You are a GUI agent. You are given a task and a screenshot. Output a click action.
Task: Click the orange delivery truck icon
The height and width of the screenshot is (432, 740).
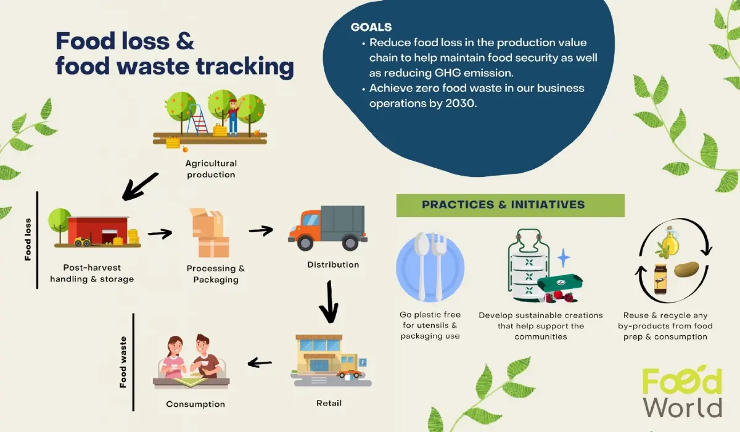click(327, 229)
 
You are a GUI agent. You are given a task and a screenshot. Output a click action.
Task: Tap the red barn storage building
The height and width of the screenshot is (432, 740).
click(99, 229)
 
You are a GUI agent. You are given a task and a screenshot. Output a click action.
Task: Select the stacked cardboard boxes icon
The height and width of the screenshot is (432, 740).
click(210, 234)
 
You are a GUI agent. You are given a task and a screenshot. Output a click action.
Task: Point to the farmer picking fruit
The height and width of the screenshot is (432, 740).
click(232, 116)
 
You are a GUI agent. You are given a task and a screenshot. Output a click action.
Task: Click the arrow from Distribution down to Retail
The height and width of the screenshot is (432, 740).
click(331, 303)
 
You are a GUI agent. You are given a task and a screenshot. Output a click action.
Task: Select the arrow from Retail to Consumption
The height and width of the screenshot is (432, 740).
click(260, 363)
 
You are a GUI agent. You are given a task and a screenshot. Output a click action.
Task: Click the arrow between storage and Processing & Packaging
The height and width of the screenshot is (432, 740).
click(160, 234)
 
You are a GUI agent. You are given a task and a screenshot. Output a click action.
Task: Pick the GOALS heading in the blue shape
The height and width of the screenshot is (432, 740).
click(371, 27)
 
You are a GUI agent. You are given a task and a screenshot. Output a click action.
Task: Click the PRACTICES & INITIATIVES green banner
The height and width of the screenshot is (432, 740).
click(509, 205)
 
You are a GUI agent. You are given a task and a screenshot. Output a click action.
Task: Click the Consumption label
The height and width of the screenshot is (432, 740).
click(195, 404)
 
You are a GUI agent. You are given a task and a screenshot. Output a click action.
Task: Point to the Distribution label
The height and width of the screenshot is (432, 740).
click(333, 265)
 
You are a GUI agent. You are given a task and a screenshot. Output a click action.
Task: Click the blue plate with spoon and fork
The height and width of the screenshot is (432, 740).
click(430, 266)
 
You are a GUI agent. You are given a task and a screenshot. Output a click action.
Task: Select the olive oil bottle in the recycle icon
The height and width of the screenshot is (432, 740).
click(670, 241)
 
